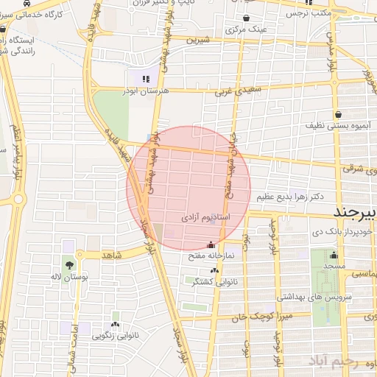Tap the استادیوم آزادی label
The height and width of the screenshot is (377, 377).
[x=205, y=219]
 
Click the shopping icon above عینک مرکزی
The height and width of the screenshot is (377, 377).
[x=246, y=18]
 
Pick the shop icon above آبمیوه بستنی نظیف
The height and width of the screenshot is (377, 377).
[x=337, y=114]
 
